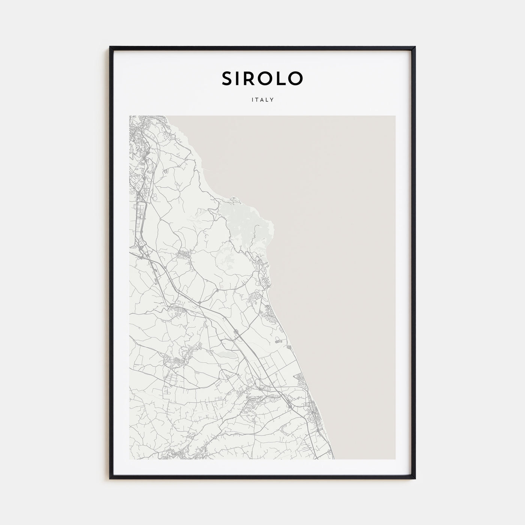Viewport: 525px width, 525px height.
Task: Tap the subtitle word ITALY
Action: pyautogui.click(x=262, y=100)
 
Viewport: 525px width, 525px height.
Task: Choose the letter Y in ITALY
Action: pyautogui.click(x=272, y=100)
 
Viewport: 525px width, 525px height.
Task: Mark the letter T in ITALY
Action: pyautogui.click(x=257, y=100)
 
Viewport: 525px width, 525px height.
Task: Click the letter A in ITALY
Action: pyautogui.click(x=262, y=100)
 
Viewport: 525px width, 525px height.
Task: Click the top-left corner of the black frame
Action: pyautogui.click(x=110, y=47)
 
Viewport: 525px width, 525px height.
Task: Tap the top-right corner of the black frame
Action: pyautogui.click(x=415, y=47)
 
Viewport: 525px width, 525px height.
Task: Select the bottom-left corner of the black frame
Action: pyautogui.click(x=110, y=478)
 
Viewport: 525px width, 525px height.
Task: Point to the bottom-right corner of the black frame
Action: pyautogui.click(x=415, y=478)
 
